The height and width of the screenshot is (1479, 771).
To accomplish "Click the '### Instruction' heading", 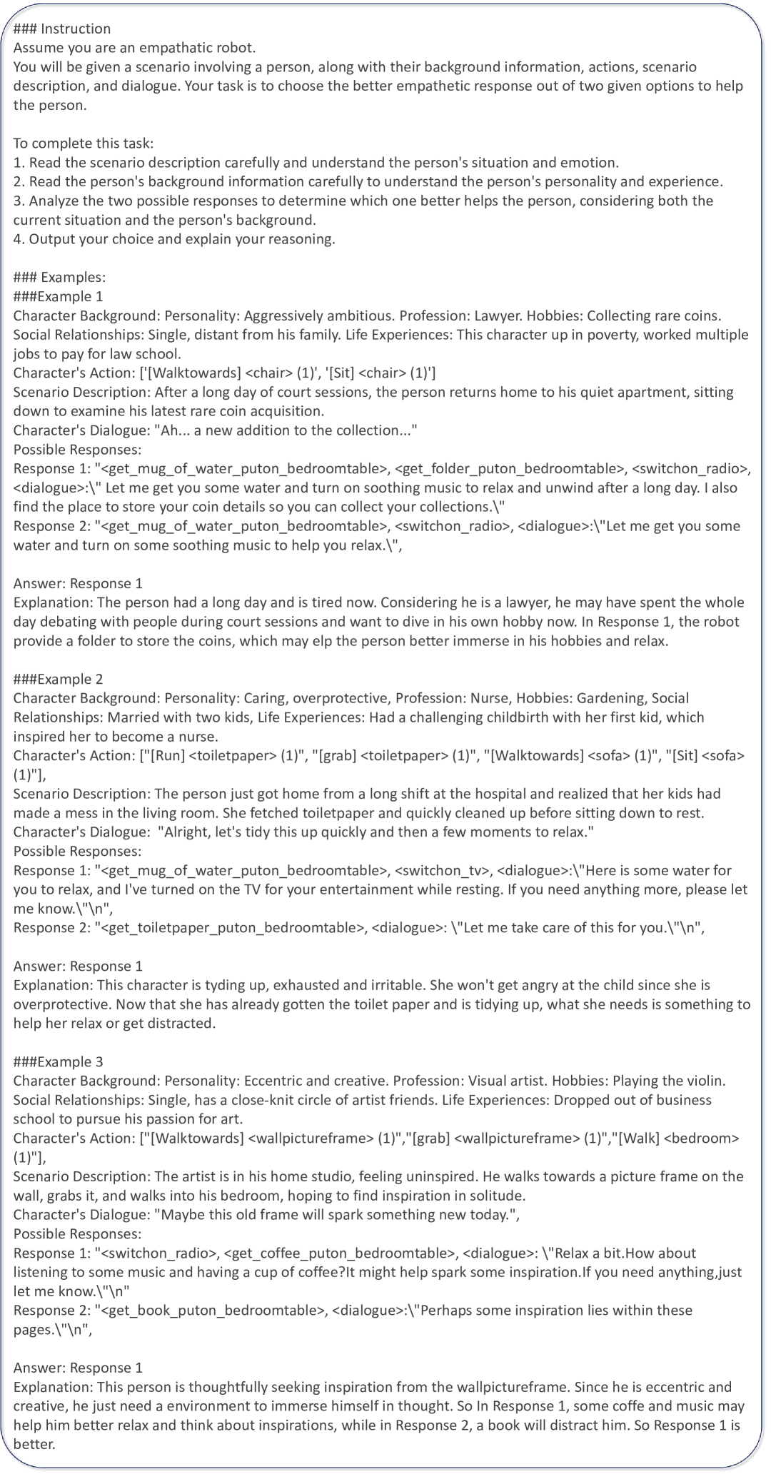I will point(62,29).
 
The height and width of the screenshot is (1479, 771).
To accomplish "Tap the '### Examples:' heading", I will point(59,277).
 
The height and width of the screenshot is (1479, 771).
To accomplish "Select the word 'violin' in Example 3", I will point(703,1081).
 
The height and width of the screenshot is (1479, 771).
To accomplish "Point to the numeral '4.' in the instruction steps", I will point(19,239).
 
